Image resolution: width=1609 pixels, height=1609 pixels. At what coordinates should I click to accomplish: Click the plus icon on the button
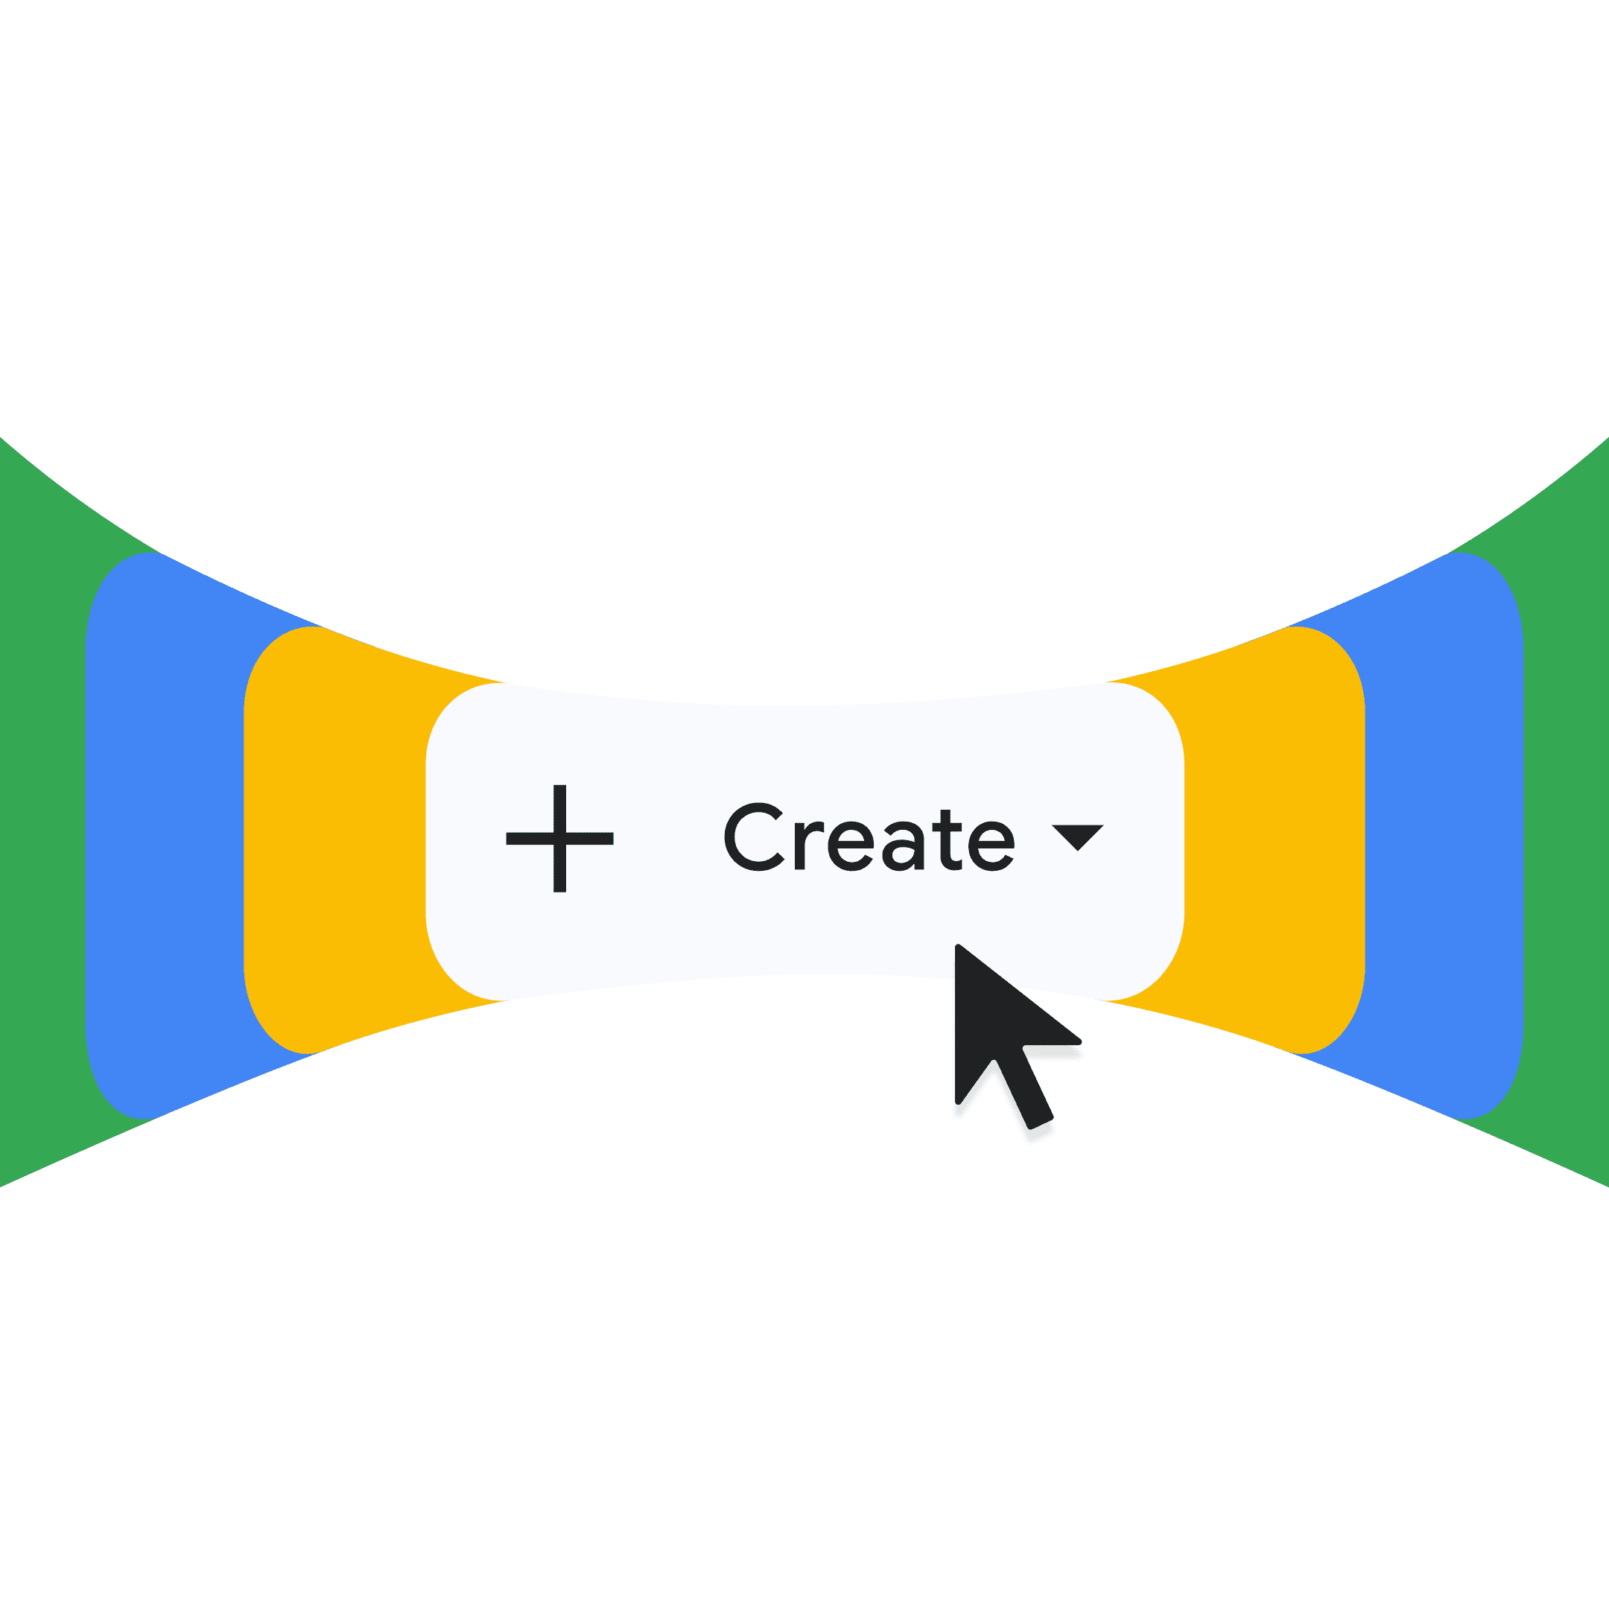pos(559,838)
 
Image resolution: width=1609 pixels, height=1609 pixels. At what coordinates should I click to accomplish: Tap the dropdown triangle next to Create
pos(1078,835)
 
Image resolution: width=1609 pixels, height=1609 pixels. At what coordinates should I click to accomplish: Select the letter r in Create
pos(807,845)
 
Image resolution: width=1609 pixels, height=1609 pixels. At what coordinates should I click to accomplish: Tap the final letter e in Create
pos(991,845)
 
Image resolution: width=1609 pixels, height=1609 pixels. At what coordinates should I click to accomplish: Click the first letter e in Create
pos(853,845)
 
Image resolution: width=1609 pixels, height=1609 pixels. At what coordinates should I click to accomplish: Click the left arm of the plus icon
pos(528,839)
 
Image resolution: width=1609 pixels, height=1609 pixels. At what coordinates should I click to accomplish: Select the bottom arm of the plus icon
pos(559,871)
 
